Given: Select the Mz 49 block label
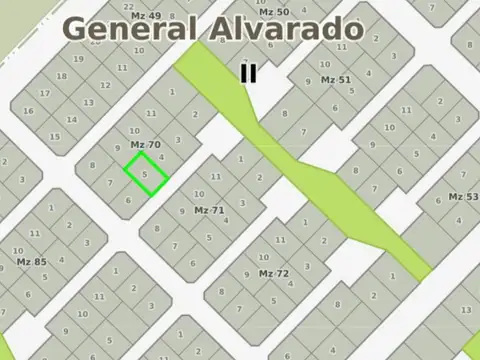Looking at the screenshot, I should (x=145, y=16).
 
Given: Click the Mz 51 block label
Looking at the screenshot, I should (x=335, y=79).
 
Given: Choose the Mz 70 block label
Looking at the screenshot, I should (x=145, y=144).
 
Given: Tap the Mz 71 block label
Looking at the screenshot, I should (x=209, y=210).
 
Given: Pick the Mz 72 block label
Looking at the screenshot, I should (x=273, y=273).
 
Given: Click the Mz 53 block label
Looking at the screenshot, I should (x=463, y=197).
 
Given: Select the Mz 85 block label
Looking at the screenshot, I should (x=31, y=262).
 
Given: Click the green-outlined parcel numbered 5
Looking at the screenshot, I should (x=145, y=173).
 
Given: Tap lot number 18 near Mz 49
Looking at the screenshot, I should (x=62, y=76).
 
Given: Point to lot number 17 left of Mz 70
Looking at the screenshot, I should (x=44, y=94).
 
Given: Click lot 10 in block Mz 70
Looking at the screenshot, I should (x=134, y=131).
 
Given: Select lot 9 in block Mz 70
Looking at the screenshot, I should (x=118, y=148).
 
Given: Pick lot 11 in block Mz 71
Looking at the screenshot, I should (x=215, y=177).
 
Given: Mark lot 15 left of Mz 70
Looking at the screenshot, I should (x=56, y=136).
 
